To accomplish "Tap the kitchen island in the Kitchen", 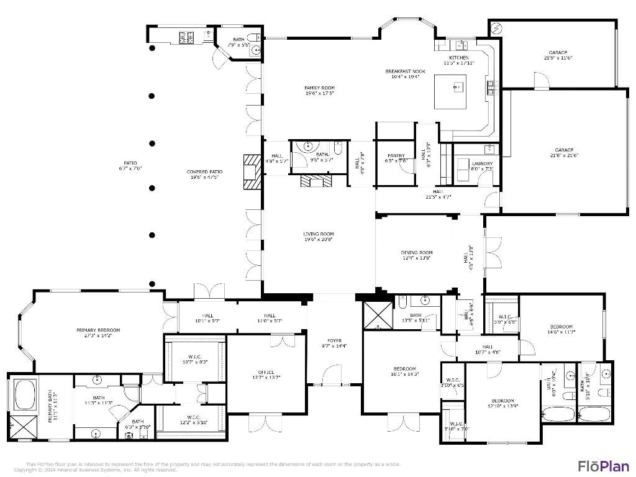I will [x=459, y=91].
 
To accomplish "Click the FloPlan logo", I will [x=604, y=466].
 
